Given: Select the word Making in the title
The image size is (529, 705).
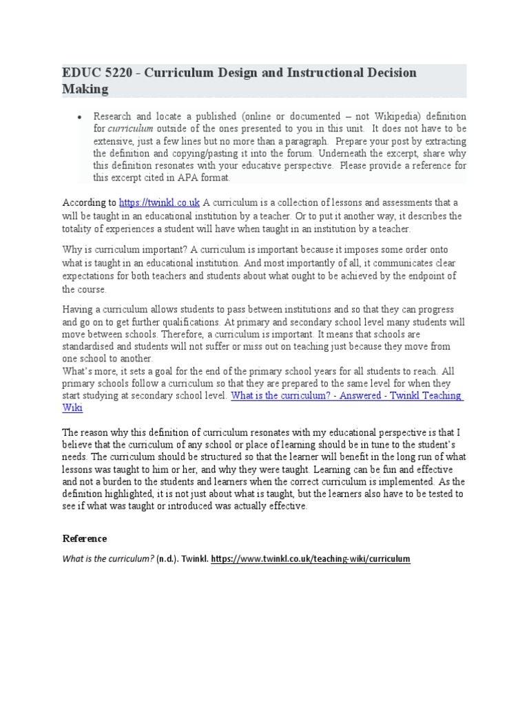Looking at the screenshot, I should tap(85, 89).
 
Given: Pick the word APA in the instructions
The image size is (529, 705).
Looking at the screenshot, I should tap(180, 177).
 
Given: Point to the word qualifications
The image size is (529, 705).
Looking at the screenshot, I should tap(251, 322).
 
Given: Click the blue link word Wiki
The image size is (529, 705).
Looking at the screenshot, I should tap(72, 408).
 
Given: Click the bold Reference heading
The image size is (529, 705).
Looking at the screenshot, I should tap(84, 538).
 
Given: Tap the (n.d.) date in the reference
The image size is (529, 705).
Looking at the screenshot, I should tap(169, 559).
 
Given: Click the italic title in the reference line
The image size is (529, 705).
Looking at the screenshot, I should tap(107, 559).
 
